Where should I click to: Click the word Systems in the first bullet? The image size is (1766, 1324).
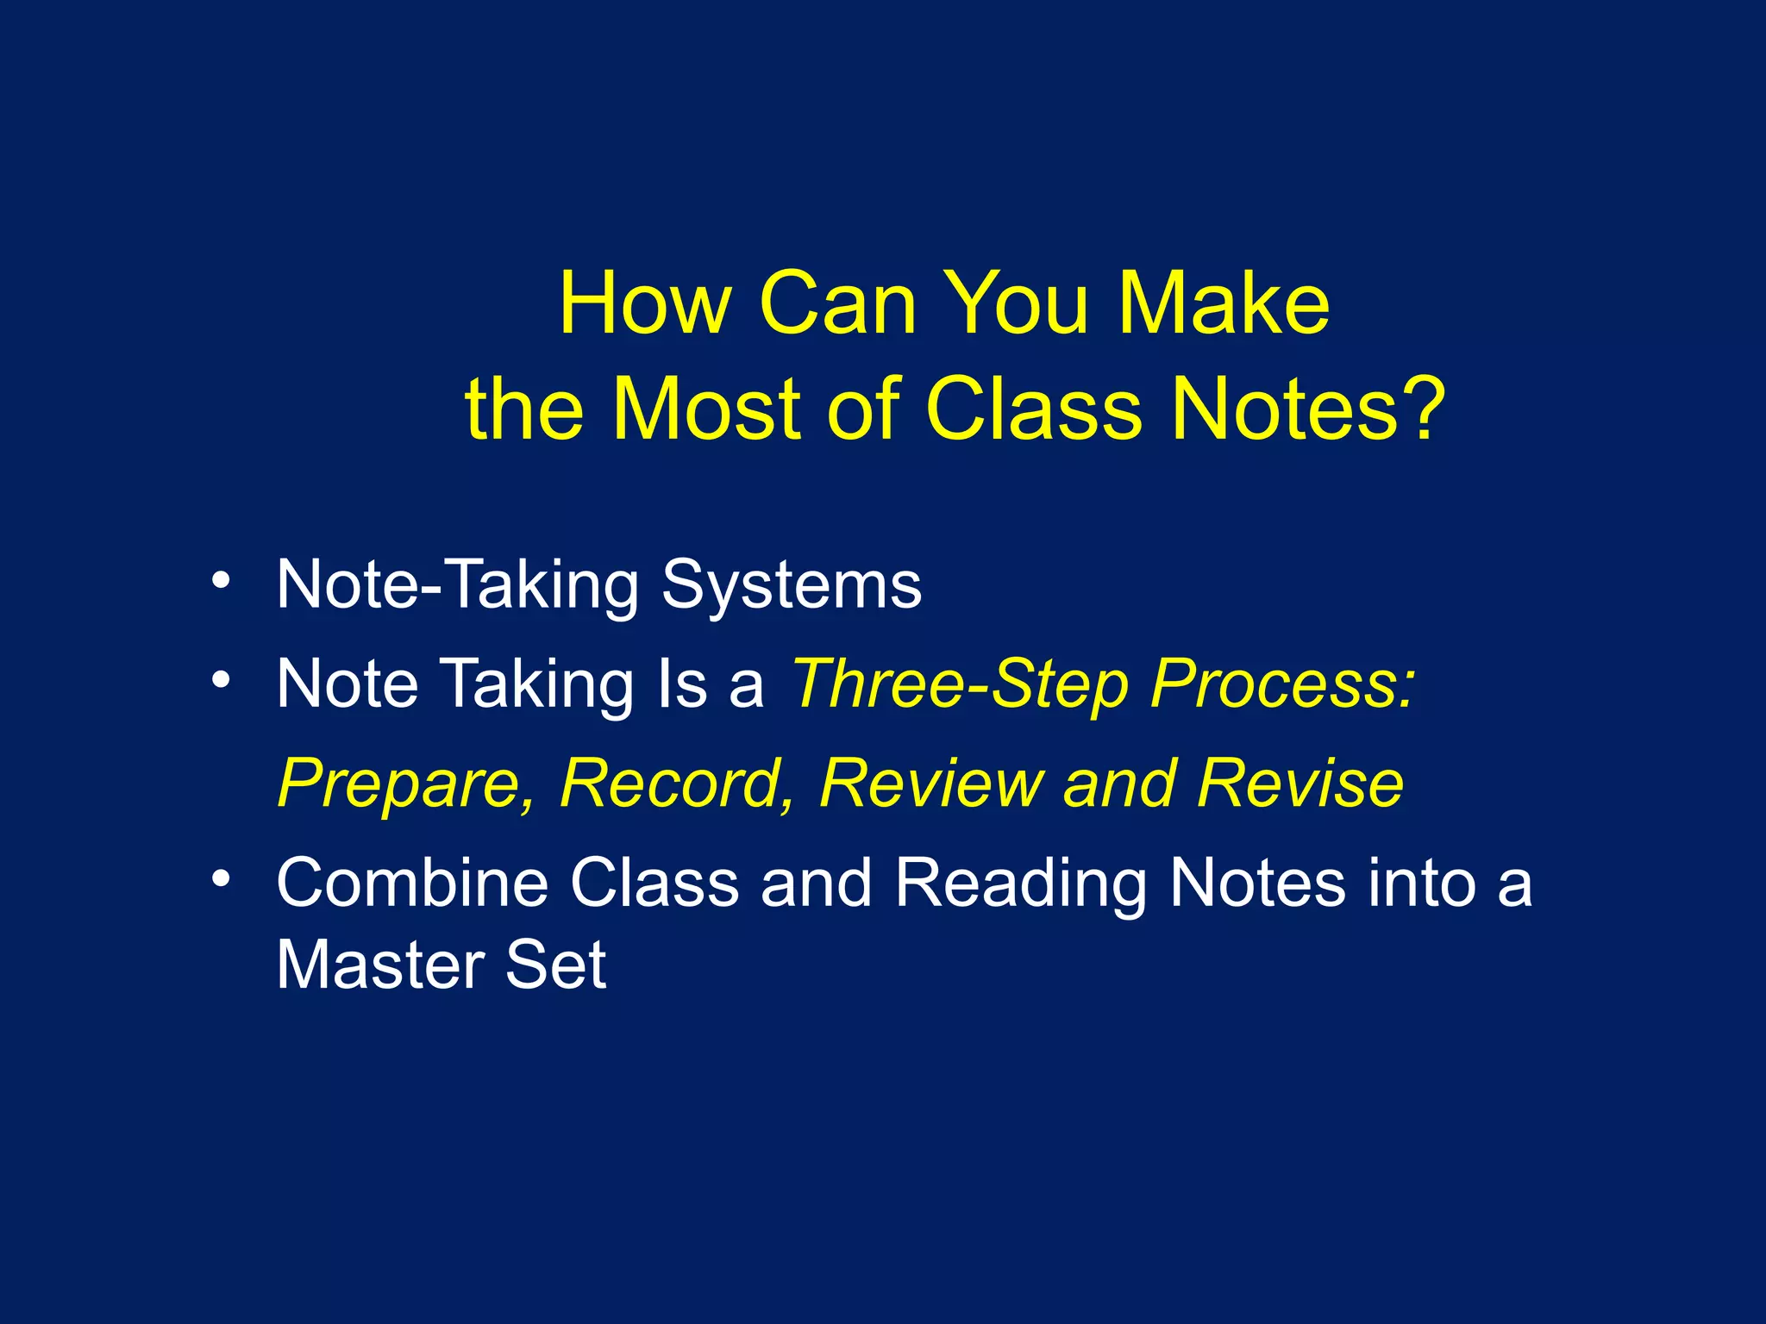791,586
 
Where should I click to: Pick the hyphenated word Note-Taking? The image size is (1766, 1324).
458,586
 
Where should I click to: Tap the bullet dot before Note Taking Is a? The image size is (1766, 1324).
222,680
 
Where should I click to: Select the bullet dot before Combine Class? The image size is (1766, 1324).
222,878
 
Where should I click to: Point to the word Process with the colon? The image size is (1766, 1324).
1283,685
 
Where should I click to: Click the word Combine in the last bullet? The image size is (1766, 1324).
412,884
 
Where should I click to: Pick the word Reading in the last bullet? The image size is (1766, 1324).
1021,884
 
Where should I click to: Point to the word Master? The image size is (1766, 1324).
380,965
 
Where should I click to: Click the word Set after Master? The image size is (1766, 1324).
556,965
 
